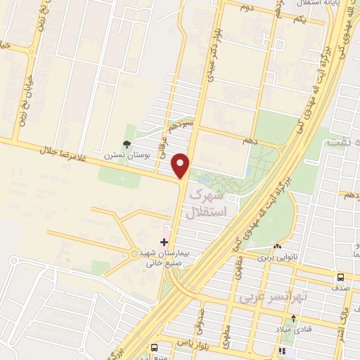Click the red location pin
(182, 165)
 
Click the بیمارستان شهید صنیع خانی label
(160, 258)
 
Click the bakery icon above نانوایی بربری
(279, 247)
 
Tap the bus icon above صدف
(341, 277)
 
